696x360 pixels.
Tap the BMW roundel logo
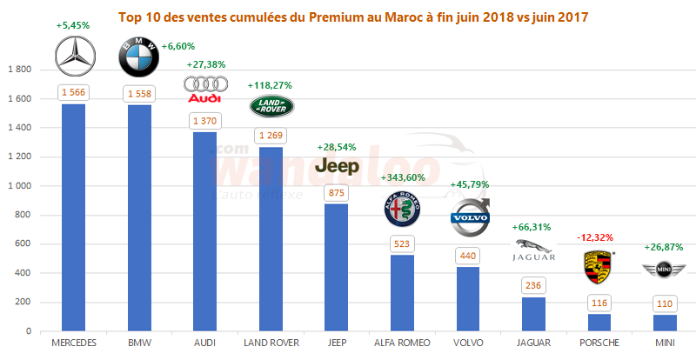(140, 57)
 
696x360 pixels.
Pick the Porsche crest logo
(597, 266)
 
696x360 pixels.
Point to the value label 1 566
(74, 92)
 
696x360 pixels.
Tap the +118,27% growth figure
(270, 85)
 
